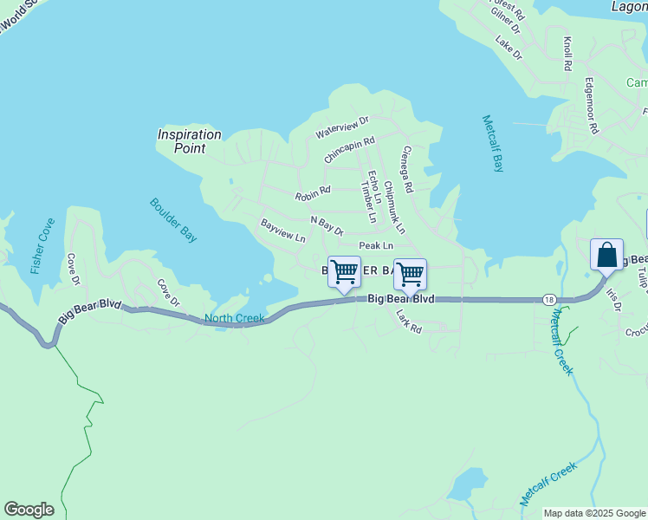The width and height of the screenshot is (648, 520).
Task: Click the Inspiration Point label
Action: pos(189,141)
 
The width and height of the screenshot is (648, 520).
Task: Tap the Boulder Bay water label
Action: pos(174,220)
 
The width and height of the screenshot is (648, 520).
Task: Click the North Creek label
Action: pos(234,319)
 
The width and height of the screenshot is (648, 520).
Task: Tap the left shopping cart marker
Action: pos(344,273)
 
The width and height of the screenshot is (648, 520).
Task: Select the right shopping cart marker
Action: pos(410,275)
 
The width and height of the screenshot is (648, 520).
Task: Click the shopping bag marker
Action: pos(606,255)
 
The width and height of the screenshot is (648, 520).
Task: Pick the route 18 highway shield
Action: pos(549,299)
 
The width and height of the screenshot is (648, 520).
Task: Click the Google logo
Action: pos(29,510)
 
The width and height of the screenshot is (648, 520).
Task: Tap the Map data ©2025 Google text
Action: pos(593,513)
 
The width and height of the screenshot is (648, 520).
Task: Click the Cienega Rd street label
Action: pos(406,169)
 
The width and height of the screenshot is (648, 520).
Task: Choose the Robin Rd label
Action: pos(313,192)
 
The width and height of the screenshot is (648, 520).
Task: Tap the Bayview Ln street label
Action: pos(283,231)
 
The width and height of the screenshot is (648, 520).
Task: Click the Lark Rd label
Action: pos(408,322)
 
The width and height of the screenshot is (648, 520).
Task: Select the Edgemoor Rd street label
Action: pos(592,107)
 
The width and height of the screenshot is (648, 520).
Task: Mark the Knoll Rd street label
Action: pos(567,54)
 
